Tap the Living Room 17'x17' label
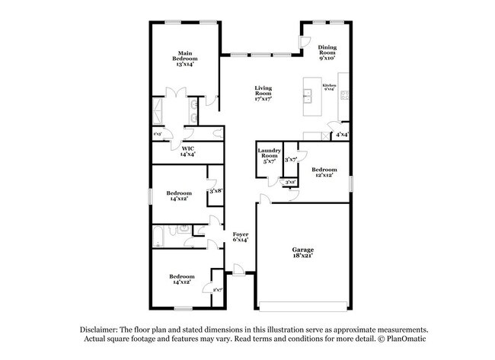tap(263, 94)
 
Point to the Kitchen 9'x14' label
tap(330, 87)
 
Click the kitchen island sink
tap(308, 95)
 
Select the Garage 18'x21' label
tap(303, 253)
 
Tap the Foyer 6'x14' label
tap(239, 237)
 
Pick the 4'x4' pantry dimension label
tap(342, 135)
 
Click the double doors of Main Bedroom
tap(177, 94)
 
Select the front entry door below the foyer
tap(238, 269)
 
